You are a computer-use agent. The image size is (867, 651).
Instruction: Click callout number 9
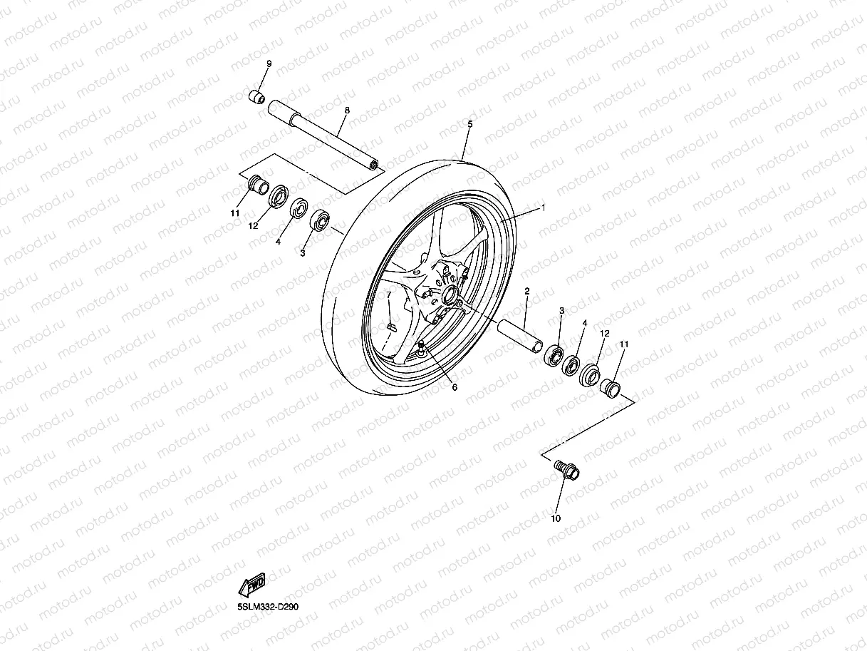coord(269,64)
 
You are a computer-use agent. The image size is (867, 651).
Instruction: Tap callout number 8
coord(347,111)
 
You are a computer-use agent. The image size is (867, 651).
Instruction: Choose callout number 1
coord(543,208)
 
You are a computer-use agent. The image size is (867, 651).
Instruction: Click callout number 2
coord(526,291)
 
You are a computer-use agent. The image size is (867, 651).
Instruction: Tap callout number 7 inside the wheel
coord(389,294)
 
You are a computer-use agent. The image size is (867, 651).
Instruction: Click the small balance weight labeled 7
coord(390,327)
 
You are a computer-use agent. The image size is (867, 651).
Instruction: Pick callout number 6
coord(455,387)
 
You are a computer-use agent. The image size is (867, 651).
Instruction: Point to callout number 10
coord(556,518)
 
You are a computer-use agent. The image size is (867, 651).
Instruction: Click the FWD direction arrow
coord(253,584)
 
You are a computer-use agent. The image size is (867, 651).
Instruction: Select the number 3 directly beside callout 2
coord(561,311)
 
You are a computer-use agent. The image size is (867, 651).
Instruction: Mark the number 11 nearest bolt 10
coord(624,345)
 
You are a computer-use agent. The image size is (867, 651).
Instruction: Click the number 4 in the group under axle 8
coord(279,242)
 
